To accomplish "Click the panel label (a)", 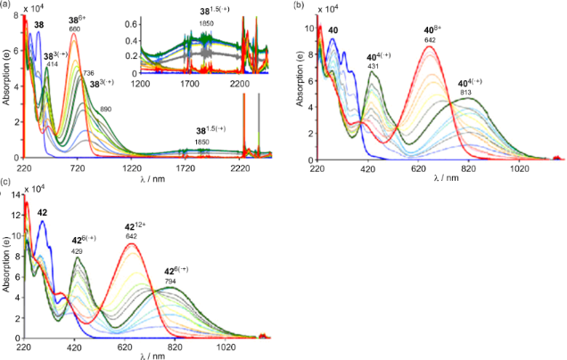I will pos(7,4).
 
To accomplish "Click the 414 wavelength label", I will pos(51,65).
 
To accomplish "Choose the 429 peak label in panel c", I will pos(79,253).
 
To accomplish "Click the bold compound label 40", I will pos(333,30).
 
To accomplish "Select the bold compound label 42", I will pos(42,213).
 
